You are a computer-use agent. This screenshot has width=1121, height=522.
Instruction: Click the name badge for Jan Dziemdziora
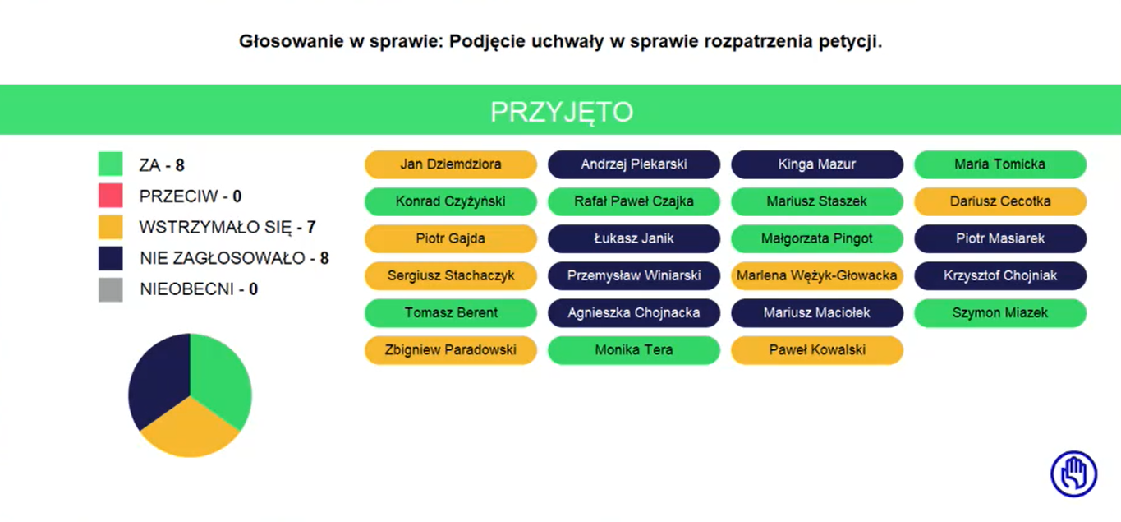450,164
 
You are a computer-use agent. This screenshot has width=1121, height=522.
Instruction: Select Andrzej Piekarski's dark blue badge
633,164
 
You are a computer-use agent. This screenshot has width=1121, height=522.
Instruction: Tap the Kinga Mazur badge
816,164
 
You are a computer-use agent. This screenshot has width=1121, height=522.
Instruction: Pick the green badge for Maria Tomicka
1000,164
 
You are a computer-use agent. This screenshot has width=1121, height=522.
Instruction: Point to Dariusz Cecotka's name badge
1000,201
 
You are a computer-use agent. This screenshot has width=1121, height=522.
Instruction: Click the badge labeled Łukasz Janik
633,238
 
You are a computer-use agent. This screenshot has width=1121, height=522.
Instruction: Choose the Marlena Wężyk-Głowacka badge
816,275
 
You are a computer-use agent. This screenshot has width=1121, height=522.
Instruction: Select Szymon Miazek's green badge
1000,312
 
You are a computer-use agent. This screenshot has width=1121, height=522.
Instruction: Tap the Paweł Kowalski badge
816,349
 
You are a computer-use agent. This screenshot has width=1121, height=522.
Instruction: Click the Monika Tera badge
633,349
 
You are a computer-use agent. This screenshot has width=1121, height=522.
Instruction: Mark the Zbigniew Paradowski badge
450,349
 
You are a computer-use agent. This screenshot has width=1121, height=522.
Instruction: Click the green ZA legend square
110,164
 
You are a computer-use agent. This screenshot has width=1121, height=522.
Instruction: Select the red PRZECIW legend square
110,196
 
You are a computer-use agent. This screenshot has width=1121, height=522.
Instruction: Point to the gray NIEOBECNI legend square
110,289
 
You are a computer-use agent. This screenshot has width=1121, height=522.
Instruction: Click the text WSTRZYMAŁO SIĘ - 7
227,228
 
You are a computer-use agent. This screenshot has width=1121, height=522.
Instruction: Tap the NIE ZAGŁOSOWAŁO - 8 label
234,258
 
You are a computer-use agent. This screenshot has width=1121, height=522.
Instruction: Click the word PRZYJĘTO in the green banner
562,112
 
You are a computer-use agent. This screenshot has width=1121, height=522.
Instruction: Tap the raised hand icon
1073,473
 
